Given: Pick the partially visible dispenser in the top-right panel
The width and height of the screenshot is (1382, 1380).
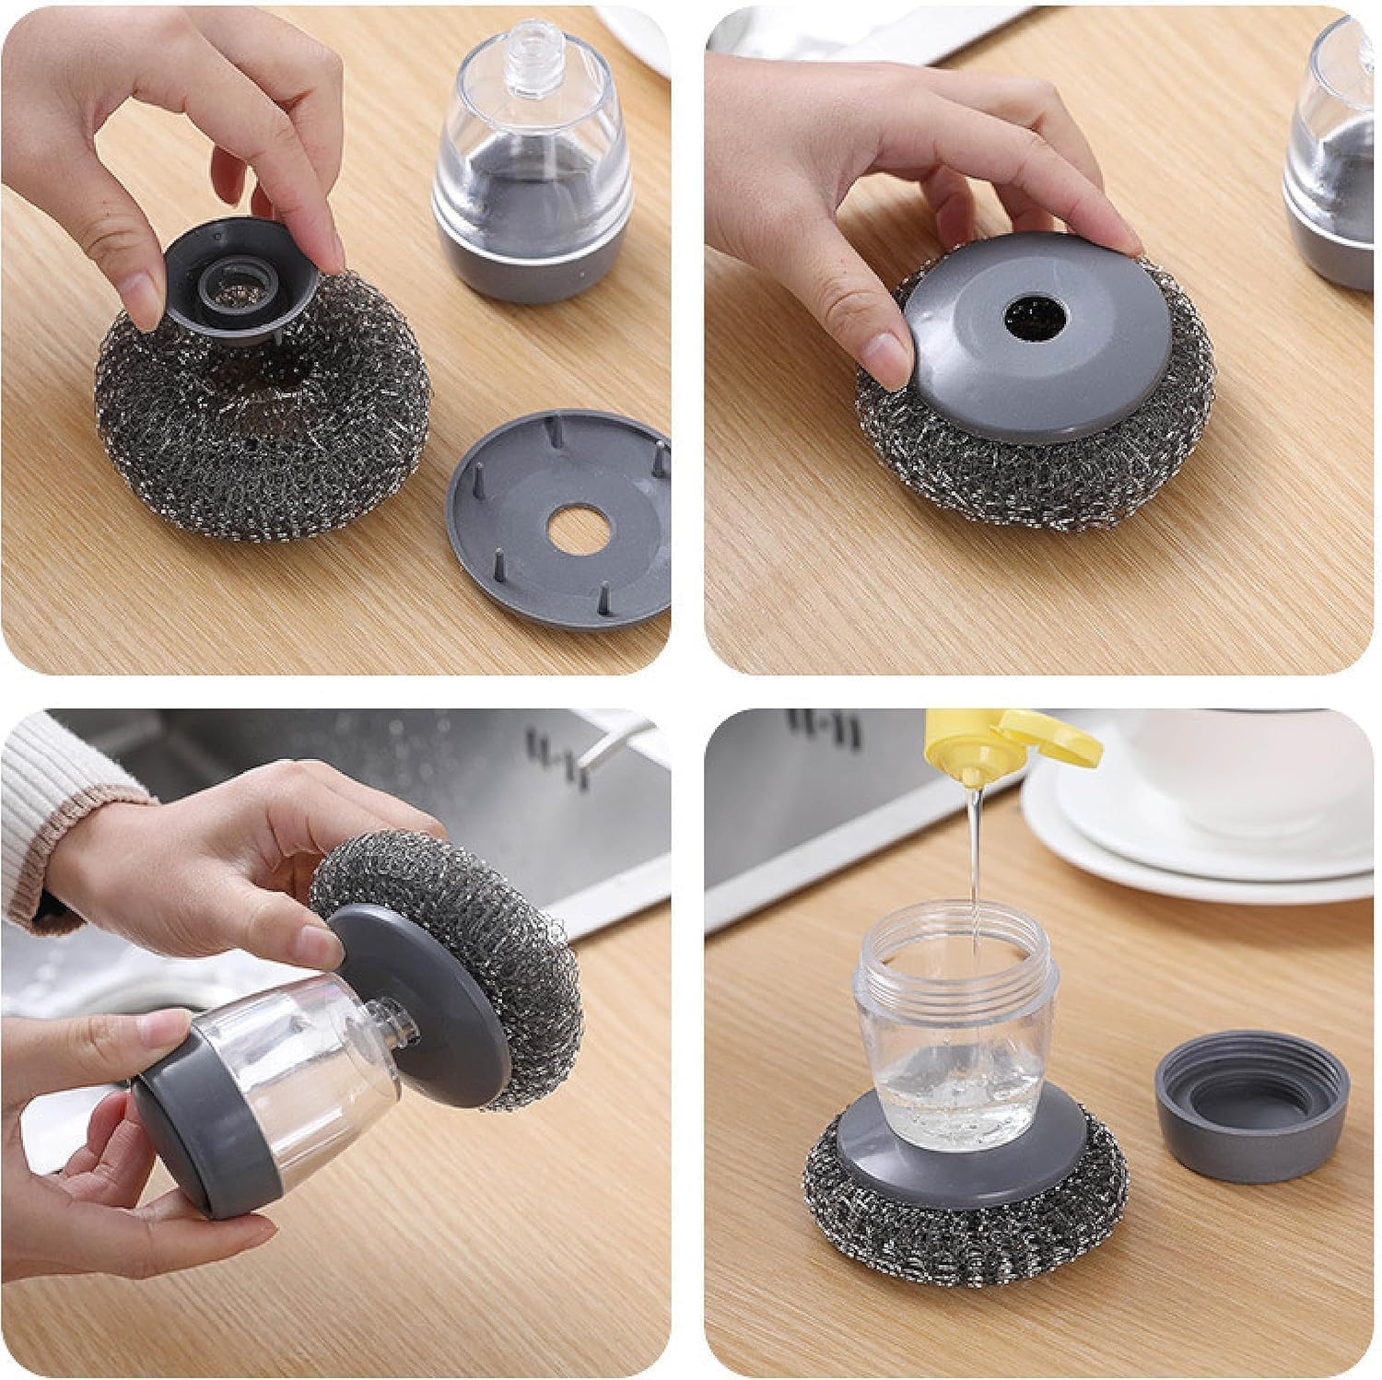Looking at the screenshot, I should click(1331, 166).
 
